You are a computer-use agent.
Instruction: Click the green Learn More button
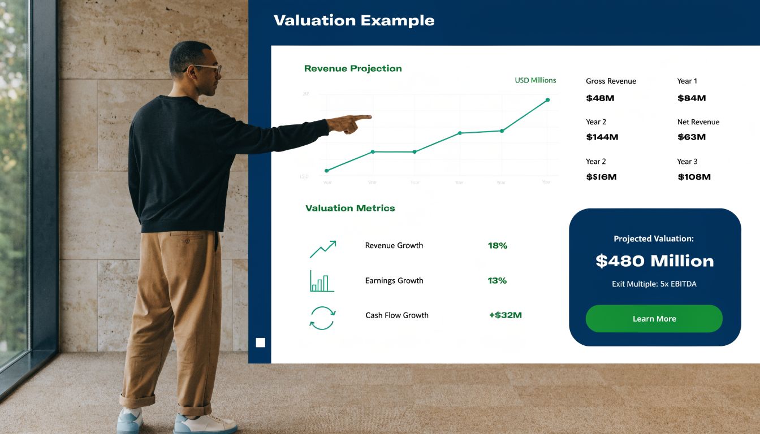[x=654, y=319]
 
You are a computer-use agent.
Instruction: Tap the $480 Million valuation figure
[x=654, y=261]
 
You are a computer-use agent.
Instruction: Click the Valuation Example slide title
[x=354, y=21]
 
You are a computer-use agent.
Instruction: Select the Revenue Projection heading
[x=353, y=68]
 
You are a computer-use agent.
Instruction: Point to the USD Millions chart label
[x=535, y=80]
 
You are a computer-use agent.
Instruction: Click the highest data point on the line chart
[x=547, y=100]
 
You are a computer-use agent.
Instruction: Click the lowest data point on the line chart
[x=327, y=170]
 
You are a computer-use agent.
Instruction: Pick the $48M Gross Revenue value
[x=600, y=98]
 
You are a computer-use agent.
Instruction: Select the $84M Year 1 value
[x=692, y=98]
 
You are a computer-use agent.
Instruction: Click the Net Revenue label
[x=698, y=122]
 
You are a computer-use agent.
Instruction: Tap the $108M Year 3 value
[x=694, y=177]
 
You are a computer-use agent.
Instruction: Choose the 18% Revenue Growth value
[x=498, y=246]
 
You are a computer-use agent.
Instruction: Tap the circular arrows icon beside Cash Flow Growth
[x=322, y=318]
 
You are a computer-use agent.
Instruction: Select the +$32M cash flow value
[x=505, y=315]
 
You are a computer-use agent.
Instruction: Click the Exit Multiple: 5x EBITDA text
[x=654, y=284]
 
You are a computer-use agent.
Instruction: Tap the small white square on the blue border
[x=260, y=342]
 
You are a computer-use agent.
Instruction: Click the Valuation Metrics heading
[x=350, y=208]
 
